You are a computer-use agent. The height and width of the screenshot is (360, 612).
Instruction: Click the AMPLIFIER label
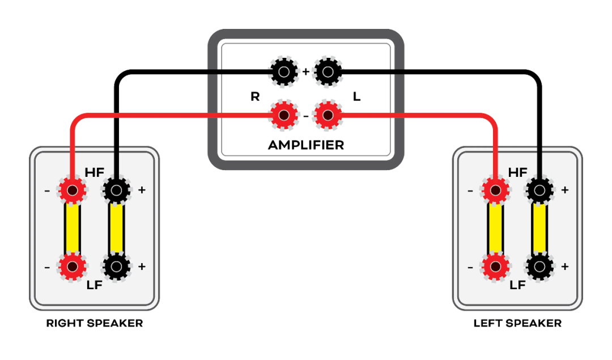[305, 145]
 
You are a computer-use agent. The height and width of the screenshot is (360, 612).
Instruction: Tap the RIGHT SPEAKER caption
[95, 324]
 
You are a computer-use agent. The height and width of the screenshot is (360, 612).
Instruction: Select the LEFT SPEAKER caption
[517, 324]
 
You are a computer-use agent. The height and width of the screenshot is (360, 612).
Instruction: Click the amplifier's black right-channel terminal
[283, 72]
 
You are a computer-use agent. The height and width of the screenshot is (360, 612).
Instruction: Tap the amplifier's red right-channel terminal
[283, 116]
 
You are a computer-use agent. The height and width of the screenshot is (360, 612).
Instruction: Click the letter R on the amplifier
[255, 96]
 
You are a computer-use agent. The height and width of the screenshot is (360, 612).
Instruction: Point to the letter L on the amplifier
[356, 96]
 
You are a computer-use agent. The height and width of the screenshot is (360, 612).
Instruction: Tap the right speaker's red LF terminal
[72, 265]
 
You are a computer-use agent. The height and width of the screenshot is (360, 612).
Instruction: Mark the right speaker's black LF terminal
[116, 265]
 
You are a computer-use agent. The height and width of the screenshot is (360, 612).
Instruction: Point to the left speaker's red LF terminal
[495, 265]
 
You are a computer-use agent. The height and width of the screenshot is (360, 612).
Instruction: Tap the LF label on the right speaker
[94, 285]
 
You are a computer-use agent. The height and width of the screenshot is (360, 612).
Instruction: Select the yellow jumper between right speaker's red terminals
[72, 228]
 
